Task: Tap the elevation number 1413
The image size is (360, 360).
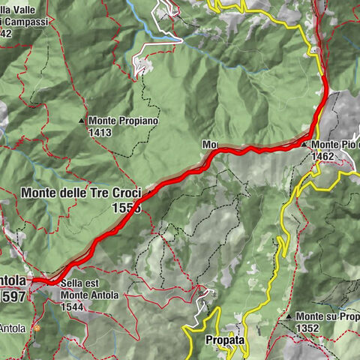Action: pos(100,132)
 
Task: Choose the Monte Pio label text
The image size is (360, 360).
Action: pos(334,144)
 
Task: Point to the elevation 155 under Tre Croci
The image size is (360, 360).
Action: pos(125,207)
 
